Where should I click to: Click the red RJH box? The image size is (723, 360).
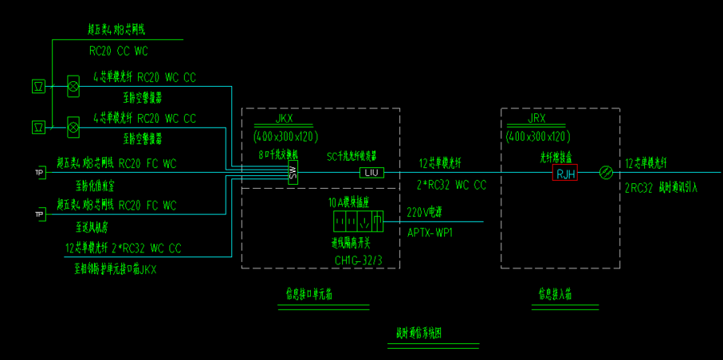tap(565, 173)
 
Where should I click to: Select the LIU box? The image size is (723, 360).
tap(370, 173)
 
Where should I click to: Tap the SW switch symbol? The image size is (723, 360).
tap(293, 172)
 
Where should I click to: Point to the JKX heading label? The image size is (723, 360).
tap(284, 119)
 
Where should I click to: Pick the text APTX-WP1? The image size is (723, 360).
tap(431, 231)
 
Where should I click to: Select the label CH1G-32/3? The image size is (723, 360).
tap(359, 260)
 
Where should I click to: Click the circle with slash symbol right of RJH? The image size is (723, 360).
tap(607, 172)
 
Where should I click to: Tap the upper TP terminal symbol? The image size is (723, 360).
tap(38, 172)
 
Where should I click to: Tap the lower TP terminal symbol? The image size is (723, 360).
tap(38, 214)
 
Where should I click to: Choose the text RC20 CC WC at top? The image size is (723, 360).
tap(119, 51)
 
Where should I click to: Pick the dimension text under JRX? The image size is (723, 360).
tap(537, 136)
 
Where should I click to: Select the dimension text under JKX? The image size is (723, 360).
tap(285, 136)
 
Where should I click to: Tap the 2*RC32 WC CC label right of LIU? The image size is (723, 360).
tap(452, 185)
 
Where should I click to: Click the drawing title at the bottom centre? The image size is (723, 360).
tap(419, 333)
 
